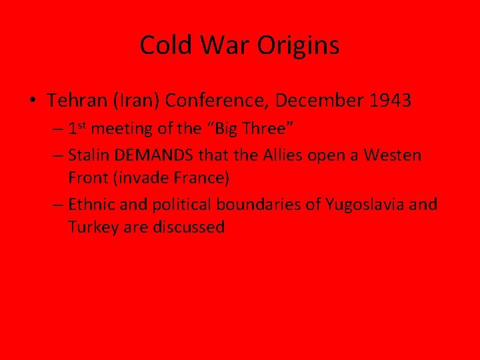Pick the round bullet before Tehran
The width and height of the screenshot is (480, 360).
(33, 101)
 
